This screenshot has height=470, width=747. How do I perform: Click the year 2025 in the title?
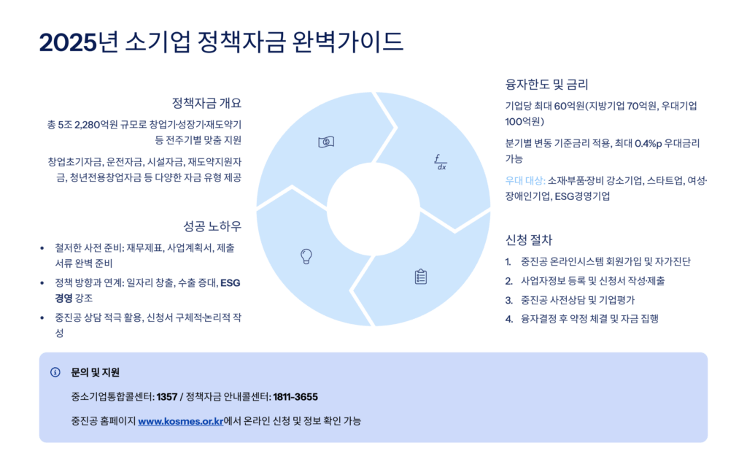(68, 42)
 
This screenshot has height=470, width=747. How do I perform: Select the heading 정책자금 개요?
(206, 102)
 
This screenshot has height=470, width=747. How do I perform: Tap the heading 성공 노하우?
(212, 226)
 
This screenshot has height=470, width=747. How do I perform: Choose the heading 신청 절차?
(529, 239)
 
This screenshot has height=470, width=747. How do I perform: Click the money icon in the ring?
(326, 142)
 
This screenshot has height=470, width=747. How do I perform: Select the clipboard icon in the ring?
(421, 277)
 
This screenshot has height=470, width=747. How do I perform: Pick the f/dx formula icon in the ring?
(440, 161)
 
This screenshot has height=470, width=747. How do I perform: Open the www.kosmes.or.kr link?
(180, 420)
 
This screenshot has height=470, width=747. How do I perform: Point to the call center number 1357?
(167, 396)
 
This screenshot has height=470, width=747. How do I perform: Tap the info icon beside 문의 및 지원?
(55, 372)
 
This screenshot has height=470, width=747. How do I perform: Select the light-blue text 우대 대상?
(525, 180)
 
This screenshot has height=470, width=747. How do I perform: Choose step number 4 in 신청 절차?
(508, 318)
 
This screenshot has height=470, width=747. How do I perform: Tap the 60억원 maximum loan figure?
(570, 106)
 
